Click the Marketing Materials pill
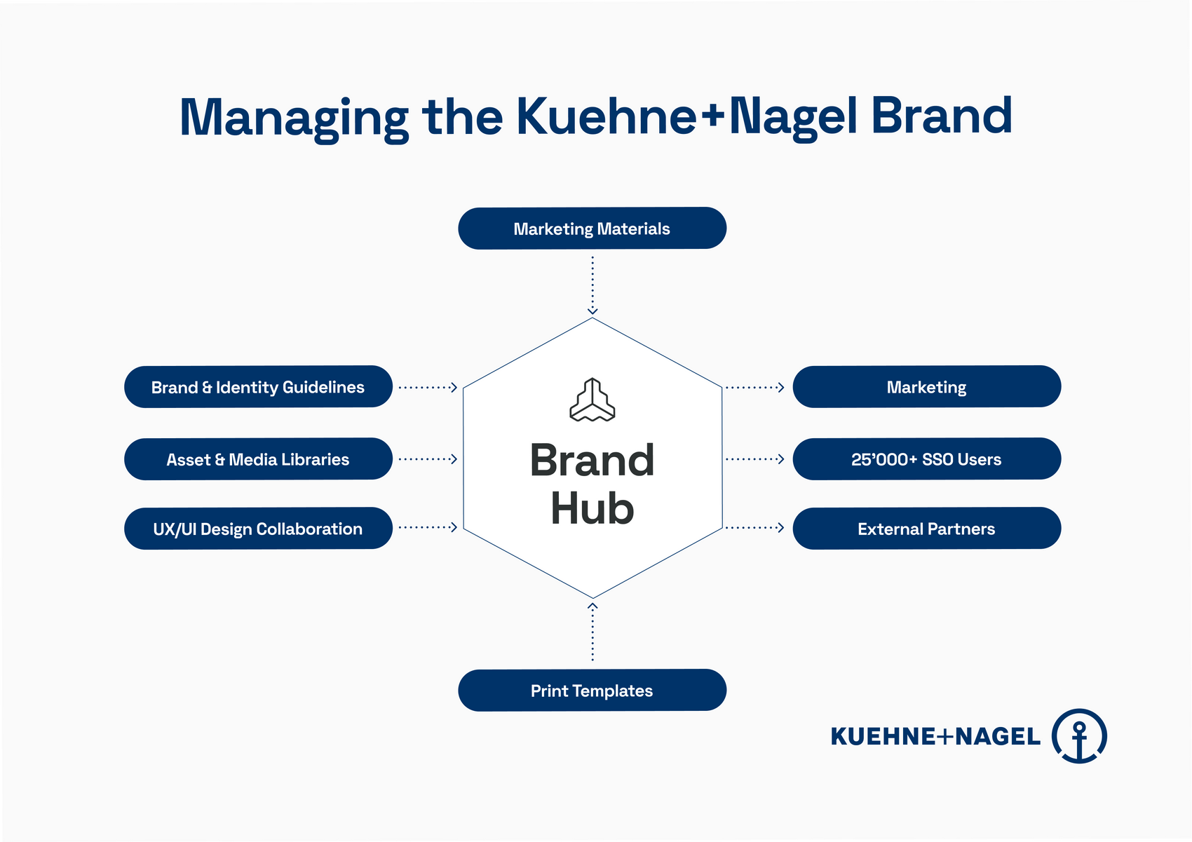click(592, 229)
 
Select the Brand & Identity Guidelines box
click(258, 386)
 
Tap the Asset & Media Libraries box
click(258, 459)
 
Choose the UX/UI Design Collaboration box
click(258, 528)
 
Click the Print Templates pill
click(592, 690)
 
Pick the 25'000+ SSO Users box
click(926, 459)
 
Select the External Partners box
click(926, 528)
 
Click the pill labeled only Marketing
click(926, 386)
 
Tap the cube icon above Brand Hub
click(592, 400)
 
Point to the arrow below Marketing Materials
click(592, 286)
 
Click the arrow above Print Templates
click(592, 632)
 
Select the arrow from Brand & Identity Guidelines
click(428, 388)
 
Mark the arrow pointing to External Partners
click(754, 527)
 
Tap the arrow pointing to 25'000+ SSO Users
click(754, 459)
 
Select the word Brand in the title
click(941, 115)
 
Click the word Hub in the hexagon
click(592, 508)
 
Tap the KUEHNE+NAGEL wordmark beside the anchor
click(935, 737)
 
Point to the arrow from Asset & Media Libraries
click(428, 459)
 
